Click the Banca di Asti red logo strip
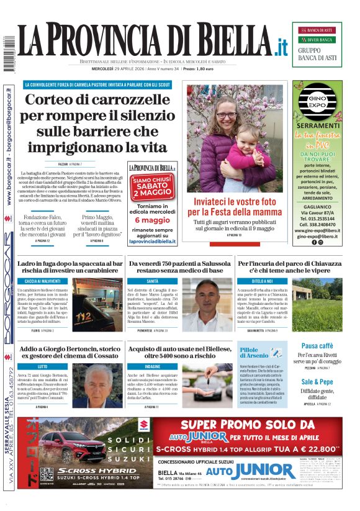click(317, 30)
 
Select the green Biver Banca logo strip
click(317, 40)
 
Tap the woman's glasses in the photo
click(225, 115)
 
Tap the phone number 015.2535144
click(317, 219)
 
